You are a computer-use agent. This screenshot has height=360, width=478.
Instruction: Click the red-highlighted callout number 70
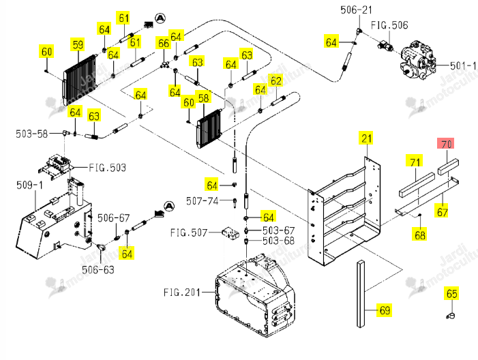tap(446, 144)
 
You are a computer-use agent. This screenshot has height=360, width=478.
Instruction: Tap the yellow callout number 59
tap(78, 45)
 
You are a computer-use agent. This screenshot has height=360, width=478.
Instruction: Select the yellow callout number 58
tap(203, 98)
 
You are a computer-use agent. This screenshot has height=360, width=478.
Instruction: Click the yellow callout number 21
tap(367, 138)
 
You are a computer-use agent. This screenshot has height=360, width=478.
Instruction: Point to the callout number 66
tap(164, 43)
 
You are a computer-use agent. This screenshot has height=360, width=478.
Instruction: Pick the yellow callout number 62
tap(276, 80)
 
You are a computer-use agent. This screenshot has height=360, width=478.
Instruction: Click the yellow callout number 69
tap(385, 310)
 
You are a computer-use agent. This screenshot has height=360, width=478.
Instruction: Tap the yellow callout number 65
tap(451, 294)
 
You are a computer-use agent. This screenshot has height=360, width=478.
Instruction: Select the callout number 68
tap(420, 235)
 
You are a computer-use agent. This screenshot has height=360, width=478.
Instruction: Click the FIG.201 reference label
tap(182, 292)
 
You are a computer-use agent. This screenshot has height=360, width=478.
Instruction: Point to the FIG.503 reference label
tap(107, 168)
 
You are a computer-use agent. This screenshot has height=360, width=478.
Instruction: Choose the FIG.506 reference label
tap(389, 25)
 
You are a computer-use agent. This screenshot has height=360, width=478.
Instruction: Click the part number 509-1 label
tap(29, 185)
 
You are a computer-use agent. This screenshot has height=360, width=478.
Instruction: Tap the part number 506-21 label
tap(357, 10)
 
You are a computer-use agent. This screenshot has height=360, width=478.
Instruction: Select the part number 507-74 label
tap(202, 201)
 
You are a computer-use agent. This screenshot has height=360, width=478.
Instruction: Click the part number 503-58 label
tap(31, 134)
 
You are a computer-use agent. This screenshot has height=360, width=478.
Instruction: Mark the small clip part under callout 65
tap(451, 316)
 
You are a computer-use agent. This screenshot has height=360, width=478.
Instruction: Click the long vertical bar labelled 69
tap(361, 294)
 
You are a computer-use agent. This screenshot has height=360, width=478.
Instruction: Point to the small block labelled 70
tap(448, 166)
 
